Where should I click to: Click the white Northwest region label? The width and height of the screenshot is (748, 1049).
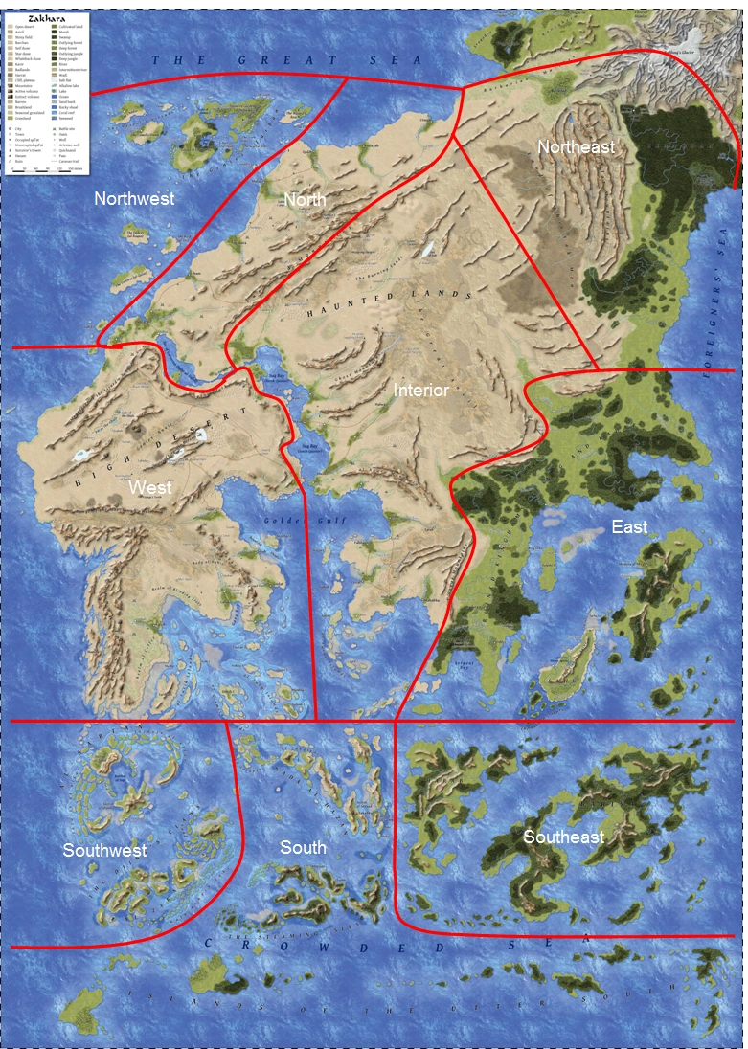(134, 199)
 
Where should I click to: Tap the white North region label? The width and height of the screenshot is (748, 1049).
(305, 199)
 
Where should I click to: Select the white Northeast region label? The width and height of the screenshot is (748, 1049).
(576, 146)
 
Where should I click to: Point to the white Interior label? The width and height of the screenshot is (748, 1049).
(421, 391)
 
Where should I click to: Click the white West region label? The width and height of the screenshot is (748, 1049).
(150, 488)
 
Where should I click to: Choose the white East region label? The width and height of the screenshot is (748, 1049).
(629, 526)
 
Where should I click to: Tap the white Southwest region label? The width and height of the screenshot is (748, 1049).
(104, 850)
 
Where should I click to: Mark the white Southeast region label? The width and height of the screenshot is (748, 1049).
(563, 837)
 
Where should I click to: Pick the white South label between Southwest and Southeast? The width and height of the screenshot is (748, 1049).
(303, 847)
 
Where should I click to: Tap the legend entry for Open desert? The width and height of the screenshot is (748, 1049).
(28, 27)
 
